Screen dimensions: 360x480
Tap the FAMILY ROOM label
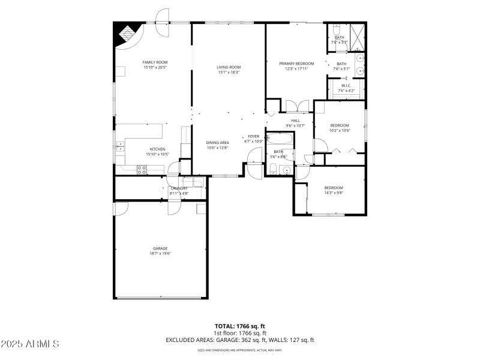pos(154,62)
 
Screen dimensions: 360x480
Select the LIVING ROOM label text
pos(229,67)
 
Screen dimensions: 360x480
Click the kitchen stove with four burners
pos(142,170)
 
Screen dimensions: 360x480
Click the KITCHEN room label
pos(157,149)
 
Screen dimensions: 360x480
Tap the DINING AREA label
pos(217,142)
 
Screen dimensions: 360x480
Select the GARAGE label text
pos(160,248)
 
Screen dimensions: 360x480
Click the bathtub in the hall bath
pos(280,140)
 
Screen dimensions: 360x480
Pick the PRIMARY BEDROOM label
pos(296,63)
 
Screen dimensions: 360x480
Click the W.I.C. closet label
pos(346,86)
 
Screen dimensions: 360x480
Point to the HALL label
pos(295,121)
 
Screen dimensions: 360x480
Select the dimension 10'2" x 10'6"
pos(340,130)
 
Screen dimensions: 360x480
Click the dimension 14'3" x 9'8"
pos(334,193)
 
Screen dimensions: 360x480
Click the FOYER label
pos(253,136)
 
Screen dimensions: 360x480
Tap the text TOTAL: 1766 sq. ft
pos(239,326)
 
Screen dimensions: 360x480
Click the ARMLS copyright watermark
pos(30,344)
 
